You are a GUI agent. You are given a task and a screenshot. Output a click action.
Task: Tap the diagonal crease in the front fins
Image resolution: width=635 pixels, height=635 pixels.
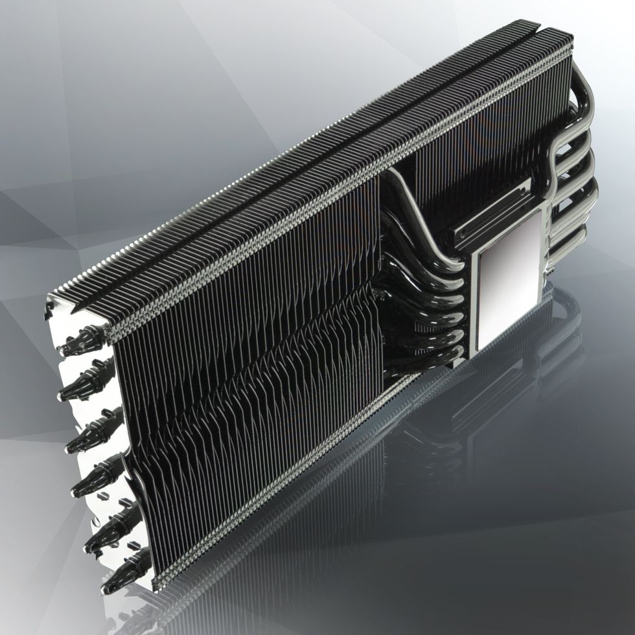[x=259, y=363]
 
